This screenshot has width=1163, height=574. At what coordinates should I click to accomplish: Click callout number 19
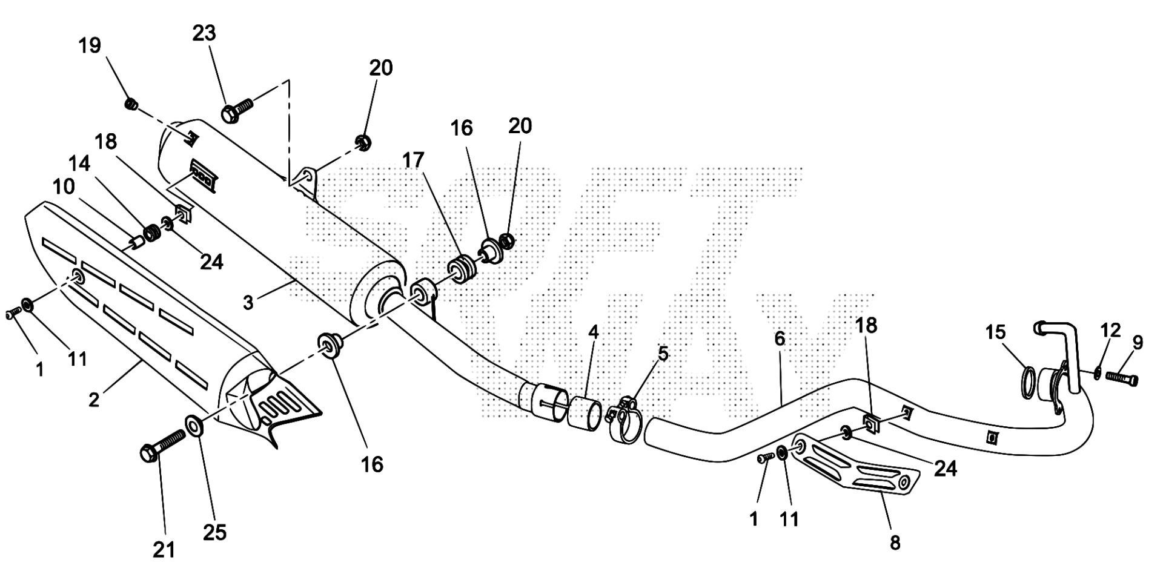click(90, 45)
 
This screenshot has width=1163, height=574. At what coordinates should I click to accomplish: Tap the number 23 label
click(204, 33)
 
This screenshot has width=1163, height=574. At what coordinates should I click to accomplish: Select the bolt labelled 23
click(236, 110)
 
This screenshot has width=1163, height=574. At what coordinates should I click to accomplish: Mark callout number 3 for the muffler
click(248, 302)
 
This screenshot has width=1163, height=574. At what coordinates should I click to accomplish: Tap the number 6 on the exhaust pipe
click(780, 339)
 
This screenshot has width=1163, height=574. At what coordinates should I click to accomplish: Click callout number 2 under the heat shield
click(94, 400)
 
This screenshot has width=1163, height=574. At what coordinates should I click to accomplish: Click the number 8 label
click(895, 543)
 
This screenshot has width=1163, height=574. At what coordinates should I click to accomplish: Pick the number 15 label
click(995, 332)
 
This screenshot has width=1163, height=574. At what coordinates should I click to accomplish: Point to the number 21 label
click(164, 550)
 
